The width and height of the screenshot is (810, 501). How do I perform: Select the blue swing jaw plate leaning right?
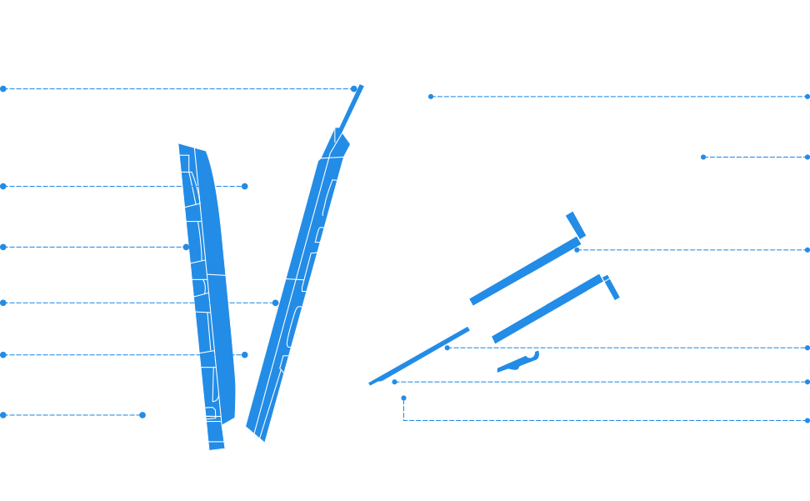click(x=296, y=275)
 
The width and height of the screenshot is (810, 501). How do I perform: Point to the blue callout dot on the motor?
click(x=702, y=157)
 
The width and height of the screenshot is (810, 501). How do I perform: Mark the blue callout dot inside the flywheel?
click(x=430, y=97)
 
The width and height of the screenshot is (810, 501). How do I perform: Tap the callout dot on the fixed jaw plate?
click(x=187, y=247)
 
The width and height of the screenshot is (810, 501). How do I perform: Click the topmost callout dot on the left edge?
click(x=3, y=88)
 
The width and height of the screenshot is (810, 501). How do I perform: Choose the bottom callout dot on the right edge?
click(x=807, y=419)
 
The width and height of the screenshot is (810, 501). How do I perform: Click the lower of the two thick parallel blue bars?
click(x=550, y=308)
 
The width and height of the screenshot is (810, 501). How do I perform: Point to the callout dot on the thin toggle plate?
click(x=447, y=348)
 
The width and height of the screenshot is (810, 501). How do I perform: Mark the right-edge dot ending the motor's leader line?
click(x=807, y=157)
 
